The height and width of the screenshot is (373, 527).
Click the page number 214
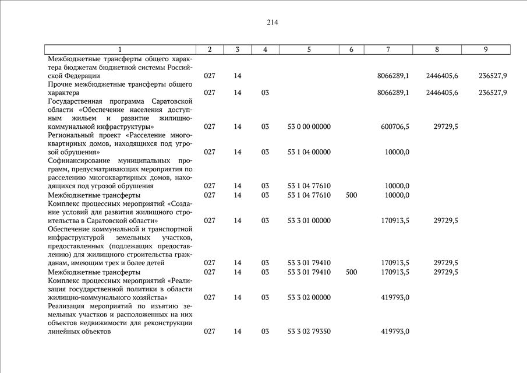[273, 23]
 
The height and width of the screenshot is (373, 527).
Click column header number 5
[309, 50]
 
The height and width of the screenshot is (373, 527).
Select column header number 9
[485, 50]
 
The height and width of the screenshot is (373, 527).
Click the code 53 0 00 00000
[309, 126]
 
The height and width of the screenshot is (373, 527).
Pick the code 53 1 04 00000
[309, 152]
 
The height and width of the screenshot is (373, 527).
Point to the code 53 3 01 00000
[309, 220]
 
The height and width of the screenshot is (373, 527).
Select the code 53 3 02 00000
[309, 297]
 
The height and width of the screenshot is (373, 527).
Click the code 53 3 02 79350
[309, 331]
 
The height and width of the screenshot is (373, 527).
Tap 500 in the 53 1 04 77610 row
[351, 195]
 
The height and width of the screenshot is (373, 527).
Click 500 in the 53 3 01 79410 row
[351, 272]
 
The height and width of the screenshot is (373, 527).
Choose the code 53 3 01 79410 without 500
[309, 263]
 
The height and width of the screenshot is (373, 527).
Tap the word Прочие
[59, 84]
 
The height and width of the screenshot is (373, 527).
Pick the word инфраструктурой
[76, 238]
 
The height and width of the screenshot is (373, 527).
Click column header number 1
[120, 50]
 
